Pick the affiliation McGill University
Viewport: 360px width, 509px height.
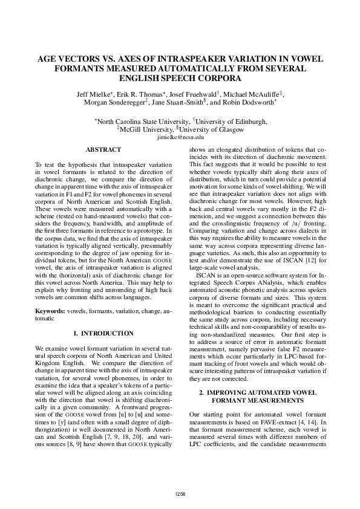[146, 130]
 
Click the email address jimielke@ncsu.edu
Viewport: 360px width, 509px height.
[180, 138]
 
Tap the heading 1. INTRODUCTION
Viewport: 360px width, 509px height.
[103, 333]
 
